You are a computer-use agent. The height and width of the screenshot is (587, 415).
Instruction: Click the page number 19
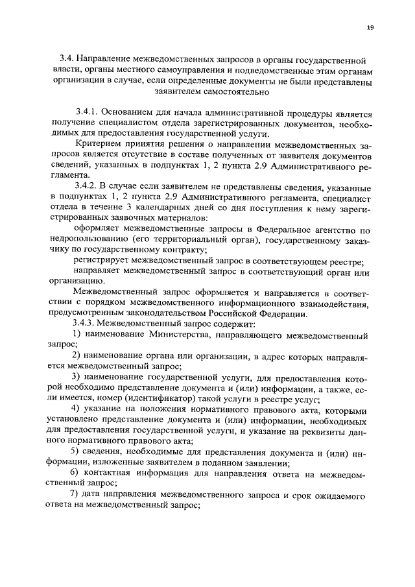coord(370,27)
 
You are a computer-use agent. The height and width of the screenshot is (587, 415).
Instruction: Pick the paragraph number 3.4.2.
coord(88,186)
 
